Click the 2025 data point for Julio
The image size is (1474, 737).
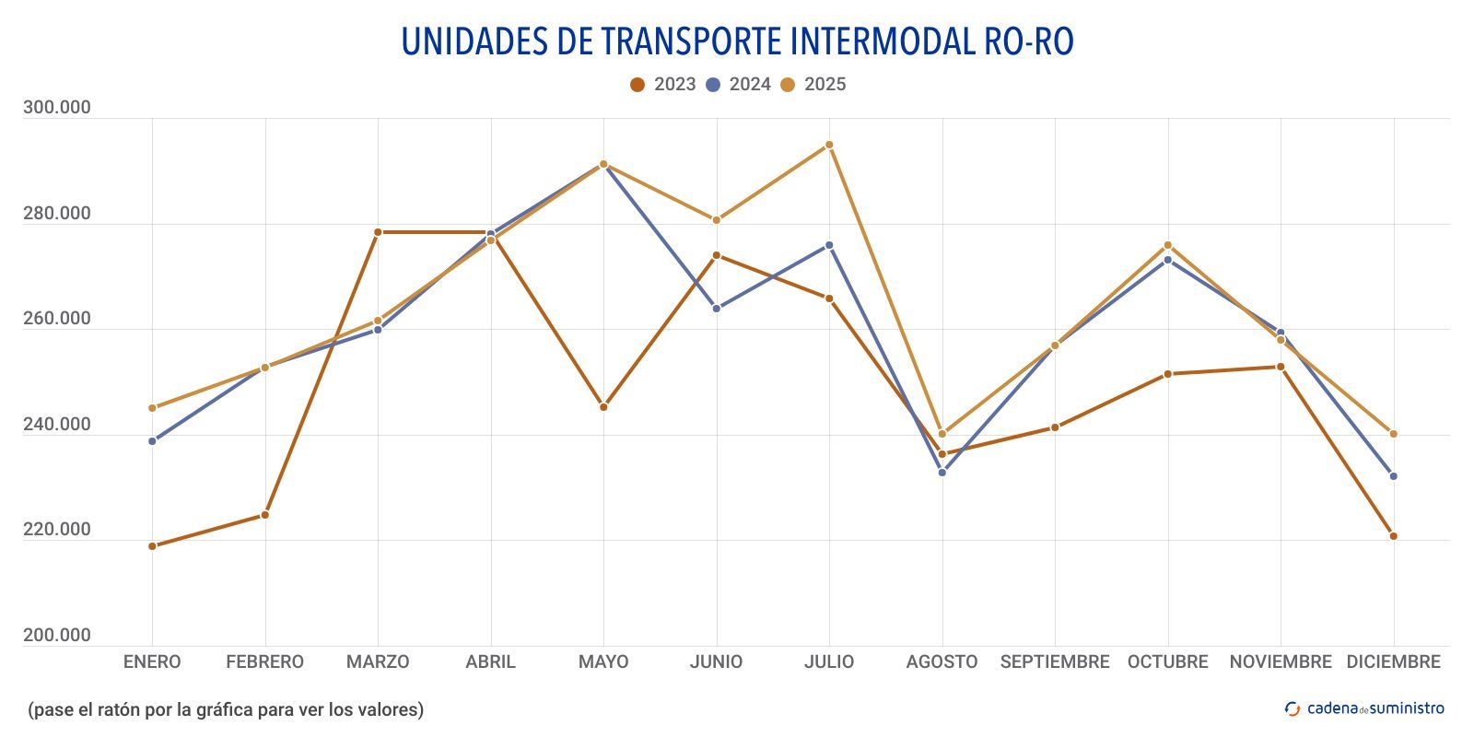pyautogui.click(x=829, y=145)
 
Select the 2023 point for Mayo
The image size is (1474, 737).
pyautogui.click(x=603, y=407)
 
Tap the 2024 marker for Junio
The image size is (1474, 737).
pyautogui.click(x=717, y=309)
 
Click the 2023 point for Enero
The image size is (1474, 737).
pyautogui.click(x=152, y=546)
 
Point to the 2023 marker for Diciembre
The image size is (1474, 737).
pyautogui.click(x=1393, y=536)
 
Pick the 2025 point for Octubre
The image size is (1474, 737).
pyautogui.click(x=1167, y=245)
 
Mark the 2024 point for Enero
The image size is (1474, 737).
pyautogui.click(x=152, y=441)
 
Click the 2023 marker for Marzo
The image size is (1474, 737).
pyautogui.click(x=378, y=232)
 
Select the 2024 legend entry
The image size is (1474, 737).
pyautogui.click(x=738, y=85)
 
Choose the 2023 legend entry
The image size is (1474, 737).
pyautogui.click(x=663, y=85)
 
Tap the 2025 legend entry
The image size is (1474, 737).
pyautogui.click(x=813, y=85)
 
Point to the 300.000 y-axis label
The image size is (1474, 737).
pyautogui.click(x=57, y=108)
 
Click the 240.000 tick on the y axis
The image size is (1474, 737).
pyautogui.click(x=57, y=425)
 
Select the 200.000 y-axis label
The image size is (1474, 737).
pyautogui.click(x=57, y=636)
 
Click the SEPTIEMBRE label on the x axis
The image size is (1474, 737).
pyautogui.click(x=1055, y=661)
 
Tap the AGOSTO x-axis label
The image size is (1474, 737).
pyautogui.click(x=942, y=661)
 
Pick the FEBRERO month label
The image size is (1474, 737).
pyautogui.click(x=264, y=661)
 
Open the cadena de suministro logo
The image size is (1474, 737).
pyautogui.click(x=1364, y=708)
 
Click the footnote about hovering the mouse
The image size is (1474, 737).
pyautogui.click(x=226, y=709)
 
